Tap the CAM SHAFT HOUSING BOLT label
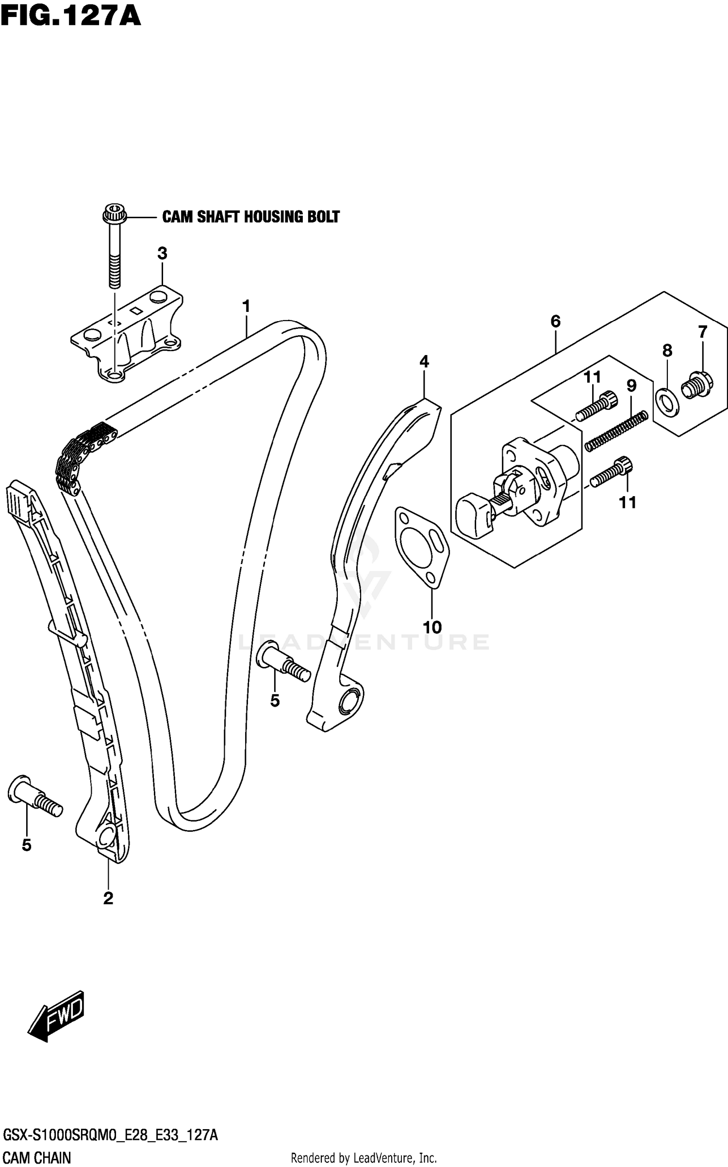coord(250,216)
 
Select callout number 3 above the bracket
coord(162,253)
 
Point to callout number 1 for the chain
coord(246,307)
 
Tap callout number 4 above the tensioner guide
coord(424,361)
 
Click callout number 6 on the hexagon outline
coord(556,321)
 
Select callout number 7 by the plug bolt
coord(702,332)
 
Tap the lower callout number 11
coord(628,502)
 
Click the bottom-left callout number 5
coord(27,845)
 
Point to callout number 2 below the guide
coord(108,898)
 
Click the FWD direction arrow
coord(56,1016)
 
